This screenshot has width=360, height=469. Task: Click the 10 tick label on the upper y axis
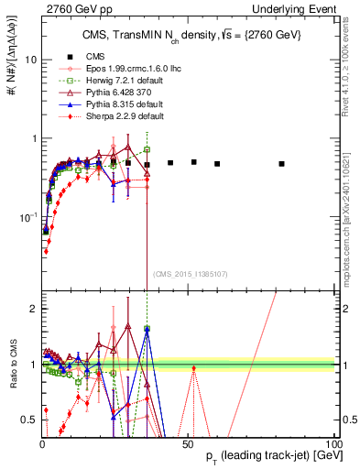(x=29, y=60)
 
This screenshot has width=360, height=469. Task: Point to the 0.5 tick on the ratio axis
(x=30, y=420)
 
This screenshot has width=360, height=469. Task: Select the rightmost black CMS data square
(x=308, y=164)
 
